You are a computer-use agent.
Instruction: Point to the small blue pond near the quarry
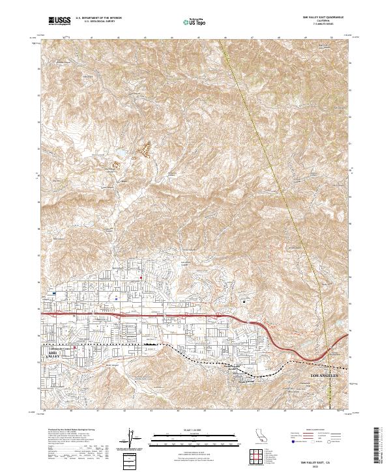pyautogui.click(x=121, y=154)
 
